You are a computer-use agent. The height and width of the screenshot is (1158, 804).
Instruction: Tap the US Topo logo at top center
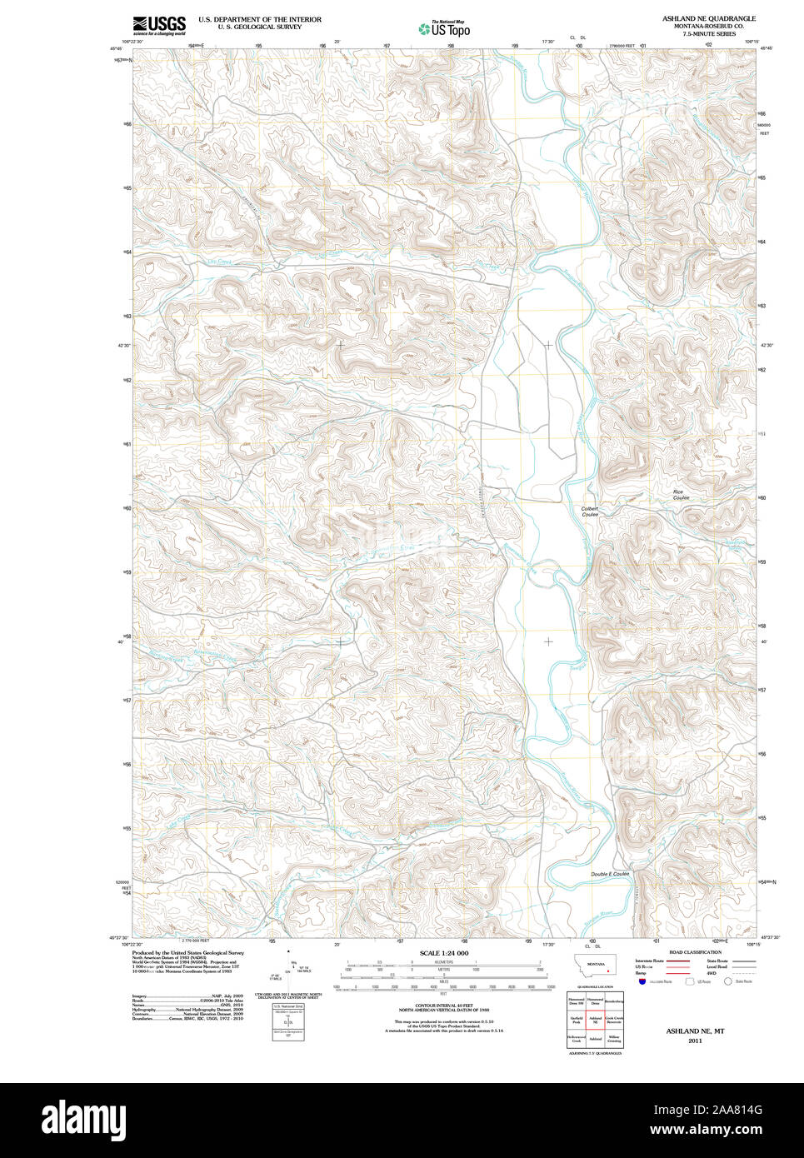(x=444, y=29)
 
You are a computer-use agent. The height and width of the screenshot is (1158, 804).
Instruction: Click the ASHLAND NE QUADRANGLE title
(x=709, y=17)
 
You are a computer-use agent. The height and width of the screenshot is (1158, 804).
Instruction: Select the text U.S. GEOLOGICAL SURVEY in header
(x=259, y=27)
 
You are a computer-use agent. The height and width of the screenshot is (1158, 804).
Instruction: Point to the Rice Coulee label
(x=681, y=495)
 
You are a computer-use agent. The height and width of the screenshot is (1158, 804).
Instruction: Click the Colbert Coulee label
(x=590, y=512)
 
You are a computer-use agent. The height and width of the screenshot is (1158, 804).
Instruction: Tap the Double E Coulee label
(x=610, y=874)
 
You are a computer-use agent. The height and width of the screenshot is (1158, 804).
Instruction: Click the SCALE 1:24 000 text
(x=443, y=953)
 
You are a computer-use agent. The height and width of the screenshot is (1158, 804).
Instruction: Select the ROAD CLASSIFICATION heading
(x=695, y=952)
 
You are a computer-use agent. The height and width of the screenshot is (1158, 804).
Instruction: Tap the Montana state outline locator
(x=595, y=968)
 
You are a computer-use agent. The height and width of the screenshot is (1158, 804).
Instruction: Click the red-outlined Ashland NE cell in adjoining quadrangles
(x=596, y=1019)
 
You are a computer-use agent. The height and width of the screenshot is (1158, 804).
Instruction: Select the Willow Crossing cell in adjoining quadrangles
(x=614, y=1040)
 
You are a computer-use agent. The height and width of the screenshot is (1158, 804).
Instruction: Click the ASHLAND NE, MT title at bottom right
(x=695, y=1031)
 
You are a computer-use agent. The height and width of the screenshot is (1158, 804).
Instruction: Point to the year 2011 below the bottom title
(x=695, y=1041)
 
